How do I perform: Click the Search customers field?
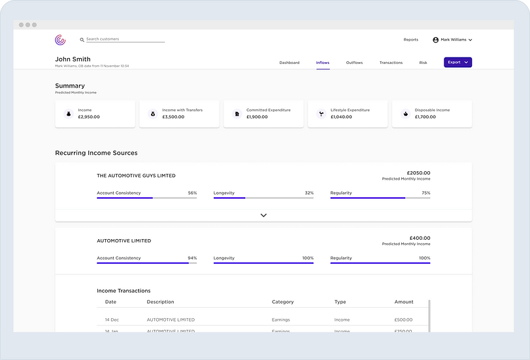pos(124,39)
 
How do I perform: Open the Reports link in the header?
pos(410,40)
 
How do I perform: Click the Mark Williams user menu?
pos(452,40)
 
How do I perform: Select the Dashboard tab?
pos(289,63)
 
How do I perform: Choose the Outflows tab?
pos(354,63)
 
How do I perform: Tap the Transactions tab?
pos(391,63)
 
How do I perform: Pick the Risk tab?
pos(423,63)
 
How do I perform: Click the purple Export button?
pos(457,62)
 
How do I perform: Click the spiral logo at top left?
pos(60,40)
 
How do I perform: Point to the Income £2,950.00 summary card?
pos(95,114)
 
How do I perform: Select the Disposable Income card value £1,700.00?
pos(426,117)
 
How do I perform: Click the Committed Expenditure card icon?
pos(237,114)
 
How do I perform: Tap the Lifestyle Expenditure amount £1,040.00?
pos(342,117)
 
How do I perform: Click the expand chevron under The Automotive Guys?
pos(263,215)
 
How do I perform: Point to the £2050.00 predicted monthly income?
pos(418,173)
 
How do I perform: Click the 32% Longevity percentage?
pos(309,193)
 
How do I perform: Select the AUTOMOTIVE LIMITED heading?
pos(124,241)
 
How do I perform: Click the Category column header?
pos(282,302)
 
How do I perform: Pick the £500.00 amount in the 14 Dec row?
pos(403,320)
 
